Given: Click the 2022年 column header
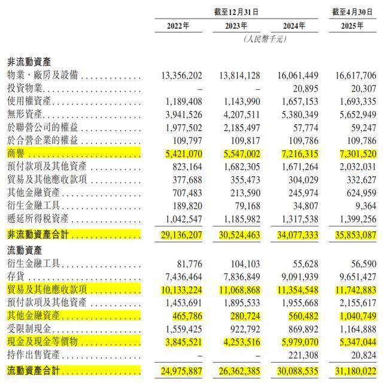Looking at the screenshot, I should tap(178, 26).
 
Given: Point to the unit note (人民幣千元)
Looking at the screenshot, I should tap(265, 38).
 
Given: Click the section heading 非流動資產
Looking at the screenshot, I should tap(29, 62).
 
